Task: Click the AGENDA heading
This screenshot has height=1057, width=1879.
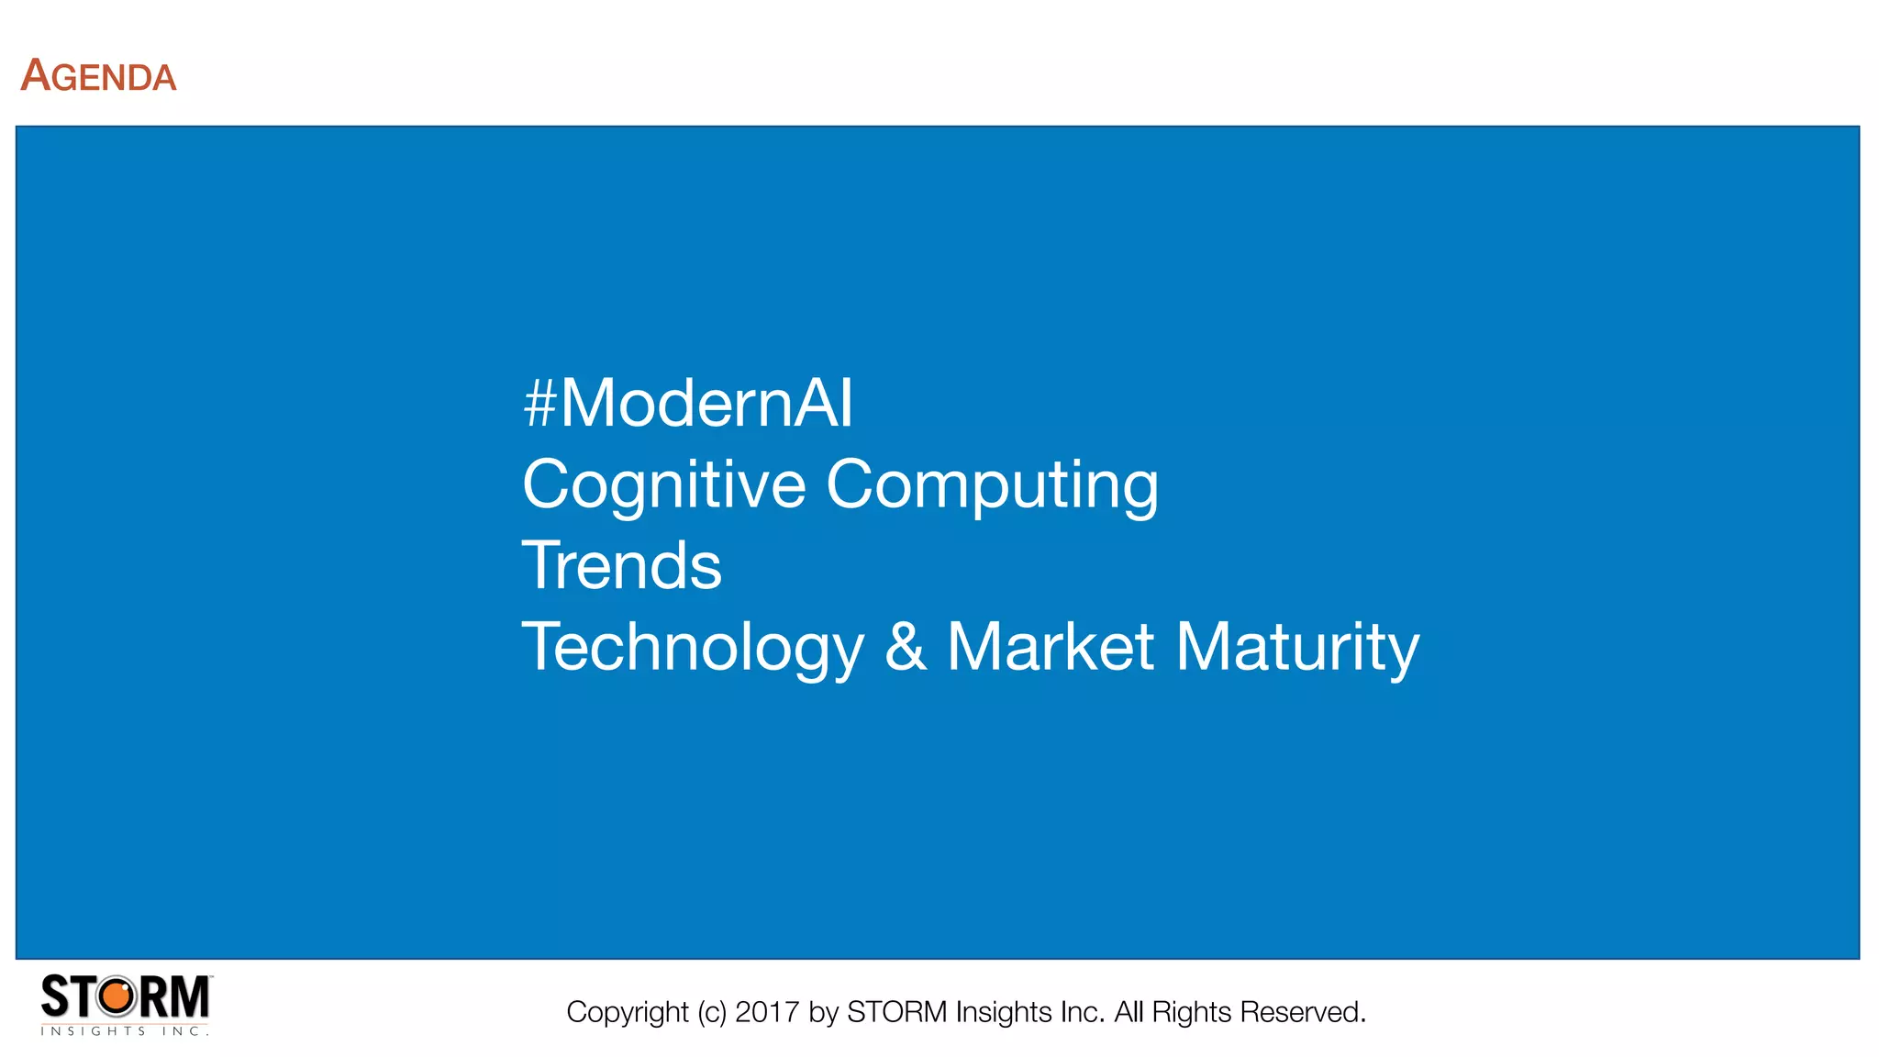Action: coord(98,76)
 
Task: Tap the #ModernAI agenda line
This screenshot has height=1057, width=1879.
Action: coord(688,404)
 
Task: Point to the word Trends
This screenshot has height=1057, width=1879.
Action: coord(622,565)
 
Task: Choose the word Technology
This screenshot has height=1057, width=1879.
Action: coord(694,647)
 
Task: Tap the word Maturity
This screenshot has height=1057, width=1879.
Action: coord(1297,647)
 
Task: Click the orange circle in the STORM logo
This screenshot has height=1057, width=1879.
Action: coord(117,996)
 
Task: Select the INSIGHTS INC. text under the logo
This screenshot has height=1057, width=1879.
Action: coord(125,1031)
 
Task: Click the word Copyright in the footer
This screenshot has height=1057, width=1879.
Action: coord(627,1012)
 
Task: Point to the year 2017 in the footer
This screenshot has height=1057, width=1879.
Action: coord(767,1012)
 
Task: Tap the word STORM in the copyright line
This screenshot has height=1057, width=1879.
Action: coord(896,1012)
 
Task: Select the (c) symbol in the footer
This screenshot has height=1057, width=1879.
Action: coord(712,1012)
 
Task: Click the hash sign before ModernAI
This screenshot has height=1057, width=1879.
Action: coord(540,404)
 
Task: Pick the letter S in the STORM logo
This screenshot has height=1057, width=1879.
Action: coord(55,996)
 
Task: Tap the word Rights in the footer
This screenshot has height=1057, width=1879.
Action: coord(1192,1012)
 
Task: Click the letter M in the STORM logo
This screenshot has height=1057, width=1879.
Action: coord(190,996)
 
